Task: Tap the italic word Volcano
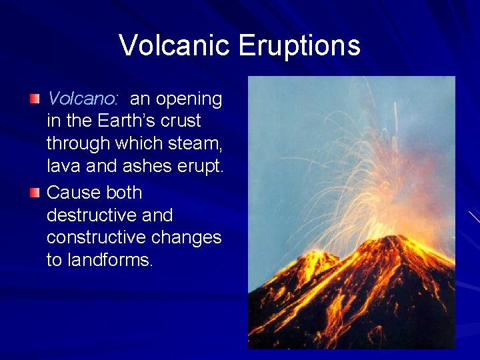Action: pyautogui.click(x=82, y=99)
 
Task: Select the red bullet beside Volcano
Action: pyautogui.click(x=35, y=99)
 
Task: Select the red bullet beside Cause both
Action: pyautogui.click(x=35, y=193)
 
